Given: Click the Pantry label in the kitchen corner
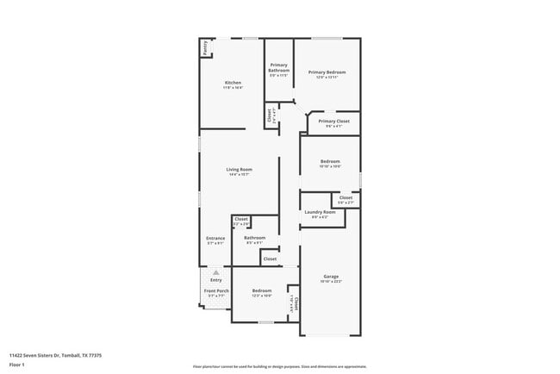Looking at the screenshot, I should click(205, 48).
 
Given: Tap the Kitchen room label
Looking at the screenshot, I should click(233, 83).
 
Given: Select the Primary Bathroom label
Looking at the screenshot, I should click(279, 68).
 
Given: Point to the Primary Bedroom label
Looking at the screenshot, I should click(327, 72).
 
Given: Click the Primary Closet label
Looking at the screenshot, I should click(333, 122).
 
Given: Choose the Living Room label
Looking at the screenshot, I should click(239, 169).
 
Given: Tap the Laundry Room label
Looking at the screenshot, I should click(320, 211).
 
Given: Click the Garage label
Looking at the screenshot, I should click(331, 277).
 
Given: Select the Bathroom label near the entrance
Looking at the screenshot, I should click(254, 238).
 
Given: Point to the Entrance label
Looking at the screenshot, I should click(215, 239).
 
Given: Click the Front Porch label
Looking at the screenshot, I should click(216, 291).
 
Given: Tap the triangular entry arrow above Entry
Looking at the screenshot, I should click(215, 272).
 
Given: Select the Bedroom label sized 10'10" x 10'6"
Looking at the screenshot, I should click(331, 161).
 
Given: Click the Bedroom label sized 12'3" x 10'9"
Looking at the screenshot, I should click(262, 291).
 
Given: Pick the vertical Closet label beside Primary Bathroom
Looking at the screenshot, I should click(270, 114).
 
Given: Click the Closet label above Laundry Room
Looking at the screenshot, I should click(345, 198).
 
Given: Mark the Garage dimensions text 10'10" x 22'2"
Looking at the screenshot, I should click(331, 282).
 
